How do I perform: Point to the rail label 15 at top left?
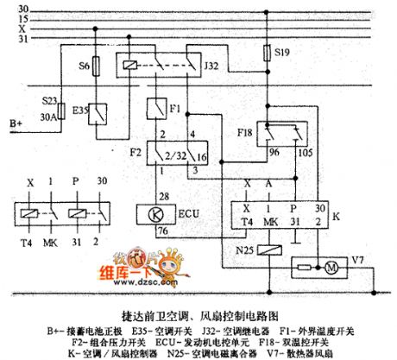[22, 18]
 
